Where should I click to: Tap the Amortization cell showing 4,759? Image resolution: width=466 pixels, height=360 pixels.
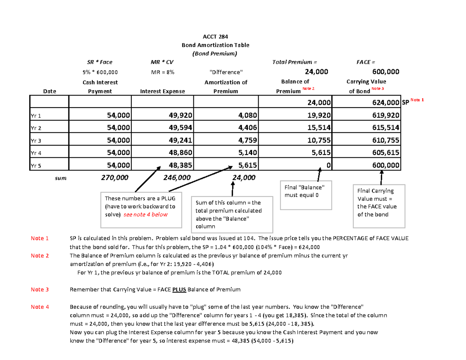coord(243,141)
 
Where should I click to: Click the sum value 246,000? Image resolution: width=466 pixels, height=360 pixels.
coord(177,177)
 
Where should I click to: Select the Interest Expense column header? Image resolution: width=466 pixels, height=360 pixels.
coord(162,92)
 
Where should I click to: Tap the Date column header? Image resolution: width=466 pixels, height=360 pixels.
coord(50,92)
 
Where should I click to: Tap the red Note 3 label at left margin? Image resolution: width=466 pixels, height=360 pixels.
coord(40,289)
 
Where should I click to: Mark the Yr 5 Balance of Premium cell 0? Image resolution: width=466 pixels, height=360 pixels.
coord(328,165)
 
